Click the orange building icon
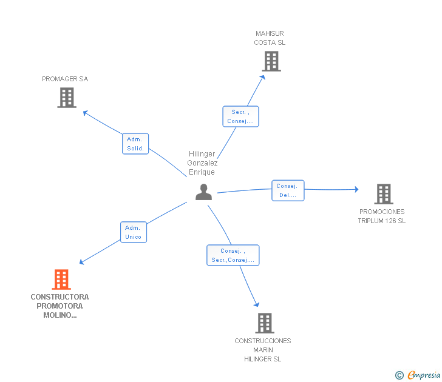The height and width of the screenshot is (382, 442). pyautogui.click(x=61, y=280)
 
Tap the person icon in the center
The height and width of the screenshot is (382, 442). pyautogui.click(x=203, y=192)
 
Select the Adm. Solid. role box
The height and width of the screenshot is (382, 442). pyautogui.click(x=135, y=144)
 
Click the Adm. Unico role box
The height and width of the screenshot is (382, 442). pyautogui.click(x=134, y=232)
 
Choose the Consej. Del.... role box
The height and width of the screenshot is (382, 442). pyautogui.click(x=288, y=190)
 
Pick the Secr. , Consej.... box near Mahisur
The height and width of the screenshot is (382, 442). pyautogui.click(x=240, y=116)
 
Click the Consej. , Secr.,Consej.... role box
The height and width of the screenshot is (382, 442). pyautogui.click(x=233, y=255)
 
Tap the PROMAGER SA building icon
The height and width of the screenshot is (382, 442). pyautogui.click(x=67, y=98)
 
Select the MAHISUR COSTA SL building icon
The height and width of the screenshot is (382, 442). pyautogui.click(x=271, y=61)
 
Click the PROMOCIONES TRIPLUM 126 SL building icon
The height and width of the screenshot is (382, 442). pyautogui.click(x=384, y=194)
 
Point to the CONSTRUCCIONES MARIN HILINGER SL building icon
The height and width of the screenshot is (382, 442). pyautogui.click(x=265, y=323)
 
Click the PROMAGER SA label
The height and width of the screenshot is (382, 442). pyautogui.click(x=65, y=79)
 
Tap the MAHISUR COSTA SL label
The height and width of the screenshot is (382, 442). pyautogui.click(x=270, y=38)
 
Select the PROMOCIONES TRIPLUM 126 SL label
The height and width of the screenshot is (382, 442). pyautogui.click(x=382, y=216)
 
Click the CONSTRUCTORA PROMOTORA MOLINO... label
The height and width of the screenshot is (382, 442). pyautogui.click(x=59, y=306)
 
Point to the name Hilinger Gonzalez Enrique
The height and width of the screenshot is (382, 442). pyautogui.click(x=202, y=163)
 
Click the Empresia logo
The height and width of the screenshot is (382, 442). pyautogui.click(x=424, y=375)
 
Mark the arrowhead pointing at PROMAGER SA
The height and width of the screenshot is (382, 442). pyautogui.click(x=85, y=113)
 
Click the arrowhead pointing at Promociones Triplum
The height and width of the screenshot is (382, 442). pyautogui.click(x=356, y=189)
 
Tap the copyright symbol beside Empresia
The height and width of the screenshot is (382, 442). pyautogui.click(x=399, y=375)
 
